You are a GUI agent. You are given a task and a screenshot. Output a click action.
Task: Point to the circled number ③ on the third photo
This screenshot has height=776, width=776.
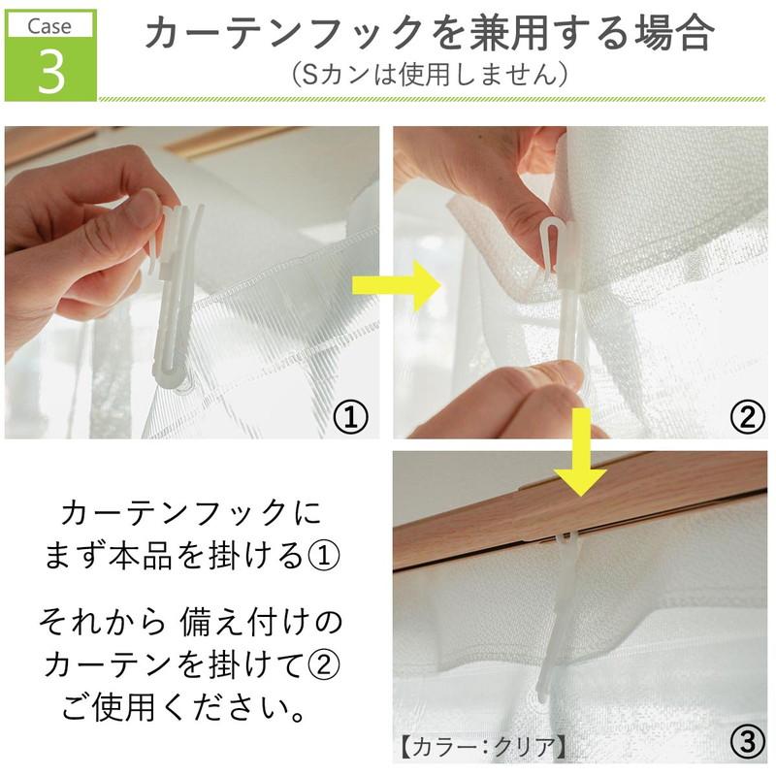coord(745,743)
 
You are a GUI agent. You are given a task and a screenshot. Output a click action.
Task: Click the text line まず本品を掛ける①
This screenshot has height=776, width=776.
coord(190,557)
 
